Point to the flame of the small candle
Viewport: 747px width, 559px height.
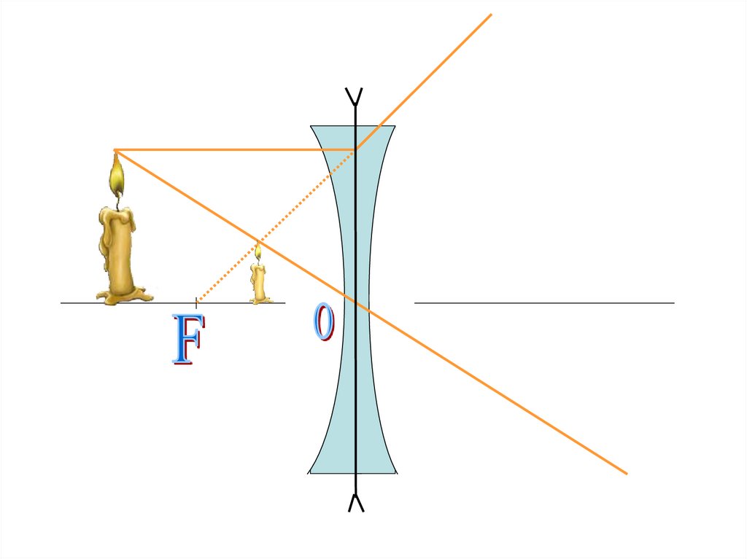point(258,251)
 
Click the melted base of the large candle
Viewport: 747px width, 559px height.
point(124,294)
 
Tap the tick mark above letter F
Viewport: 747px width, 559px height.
point(196,302)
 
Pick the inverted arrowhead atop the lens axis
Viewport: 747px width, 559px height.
point(355,95)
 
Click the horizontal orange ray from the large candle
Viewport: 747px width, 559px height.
point(233,150)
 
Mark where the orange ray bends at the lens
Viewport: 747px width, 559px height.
point(355,150)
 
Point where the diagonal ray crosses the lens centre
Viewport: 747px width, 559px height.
point(355,302)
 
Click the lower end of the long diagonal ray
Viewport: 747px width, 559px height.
point(625,473)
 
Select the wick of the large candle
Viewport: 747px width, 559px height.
point(117,198)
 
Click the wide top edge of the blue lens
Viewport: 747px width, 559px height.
point(353,126)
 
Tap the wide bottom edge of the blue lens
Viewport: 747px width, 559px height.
point(353,473)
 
